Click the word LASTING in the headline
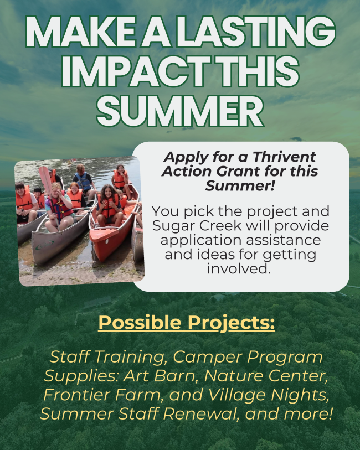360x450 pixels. coord(256,32)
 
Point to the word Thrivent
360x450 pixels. coord(284,157)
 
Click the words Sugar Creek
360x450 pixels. coord(197,226)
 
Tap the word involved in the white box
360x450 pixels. coord(239,269)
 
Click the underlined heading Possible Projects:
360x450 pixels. coord(187,323)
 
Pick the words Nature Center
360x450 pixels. coord(266,376)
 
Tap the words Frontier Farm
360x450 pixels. coord(101,395)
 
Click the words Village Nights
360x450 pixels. coord(268,395)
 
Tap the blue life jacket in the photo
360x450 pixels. coord(83,182)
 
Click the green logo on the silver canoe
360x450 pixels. coord(44,245)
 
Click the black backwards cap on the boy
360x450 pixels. coord(38,189)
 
